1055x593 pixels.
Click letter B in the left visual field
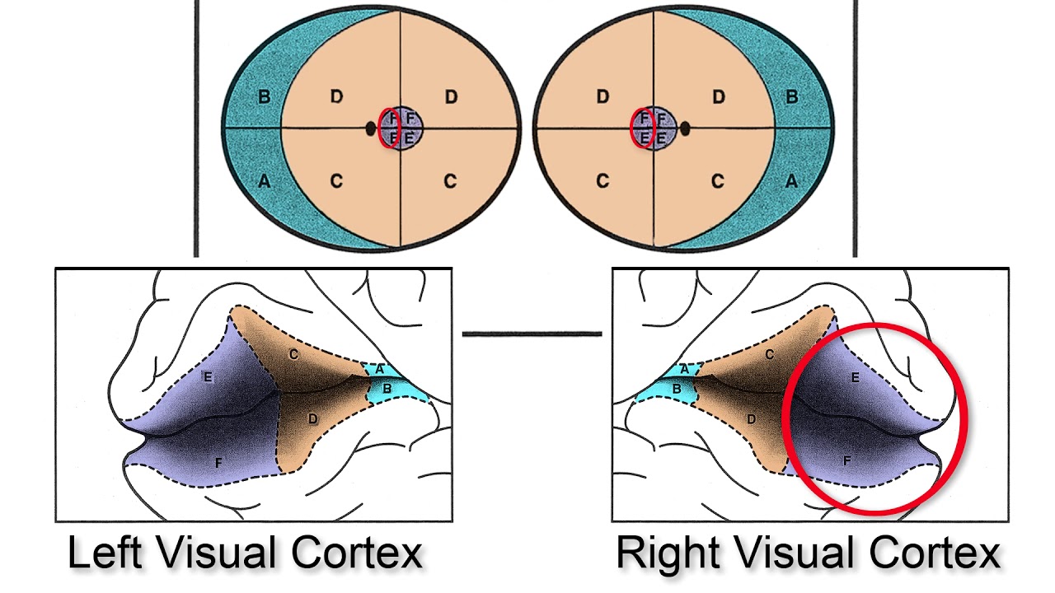point(264,97)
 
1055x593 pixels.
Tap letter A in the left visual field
point(264,181)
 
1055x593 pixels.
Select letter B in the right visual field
point(791,97)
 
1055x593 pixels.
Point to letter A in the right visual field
point(791,181)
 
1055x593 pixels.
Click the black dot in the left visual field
point(370,128)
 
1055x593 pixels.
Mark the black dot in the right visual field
point(685,128)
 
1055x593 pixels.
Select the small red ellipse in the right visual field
point(642,128)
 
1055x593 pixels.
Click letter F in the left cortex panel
point(218,463)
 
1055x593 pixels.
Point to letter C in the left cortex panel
point(293,354)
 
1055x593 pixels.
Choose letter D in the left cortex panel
point(312,419)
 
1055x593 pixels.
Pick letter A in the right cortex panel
point(684,370)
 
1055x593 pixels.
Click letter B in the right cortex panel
point(677,388)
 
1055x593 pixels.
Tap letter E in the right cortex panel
point(855,377)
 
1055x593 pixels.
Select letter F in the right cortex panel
point(846,462)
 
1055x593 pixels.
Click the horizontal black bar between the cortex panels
point(532,334)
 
